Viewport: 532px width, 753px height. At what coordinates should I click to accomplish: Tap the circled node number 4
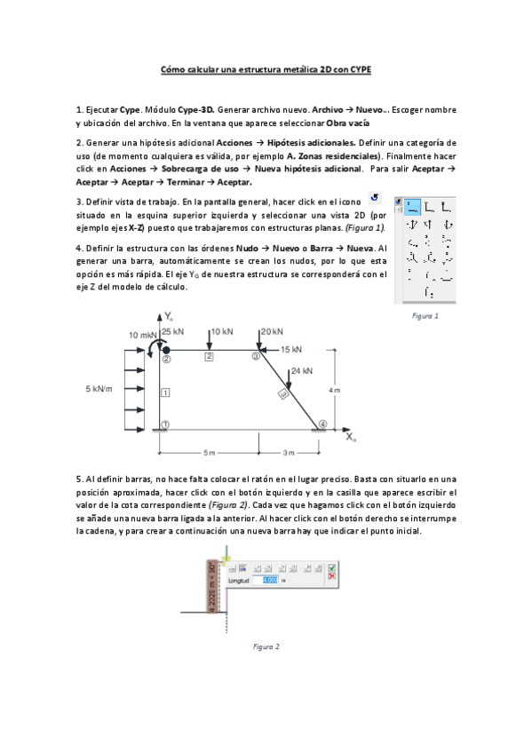pos(323,424)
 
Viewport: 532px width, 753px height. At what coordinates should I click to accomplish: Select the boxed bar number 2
pos(209,356)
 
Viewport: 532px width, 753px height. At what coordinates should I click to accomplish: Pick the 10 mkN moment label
pos(143,335)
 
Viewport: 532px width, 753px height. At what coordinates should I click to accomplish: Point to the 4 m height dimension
pos(335,389)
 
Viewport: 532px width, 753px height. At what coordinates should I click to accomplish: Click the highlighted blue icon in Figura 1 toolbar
pos(412,207)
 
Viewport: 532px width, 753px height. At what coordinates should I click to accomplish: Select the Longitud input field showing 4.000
pos(266,580)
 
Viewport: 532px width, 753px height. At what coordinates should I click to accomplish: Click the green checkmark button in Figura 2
pos(331,567)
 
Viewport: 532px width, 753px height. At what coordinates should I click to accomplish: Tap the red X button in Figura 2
pos(331,576)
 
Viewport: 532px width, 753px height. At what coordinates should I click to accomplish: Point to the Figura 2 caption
pos(266,646)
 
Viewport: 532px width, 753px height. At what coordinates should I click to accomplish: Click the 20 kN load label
pos(272,331)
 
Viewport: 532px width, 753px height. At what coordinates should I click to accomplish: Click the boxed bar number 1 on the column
pos(165,392)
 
